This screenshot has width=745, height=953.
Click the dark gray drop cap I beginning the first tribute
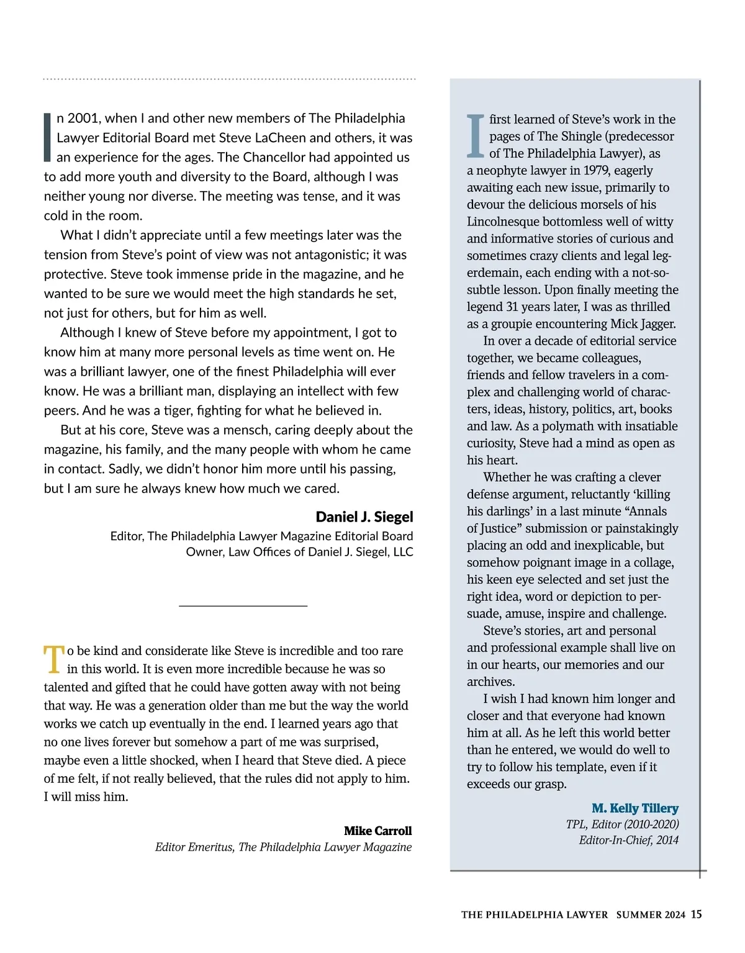click(47, 137)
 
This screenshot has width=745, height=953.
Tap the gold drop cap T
click(54, 659)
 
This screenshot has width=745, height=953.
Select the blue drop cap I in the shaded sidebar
click(476, 136)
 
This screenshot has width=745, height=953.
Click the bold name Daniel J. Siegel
click(364, 517)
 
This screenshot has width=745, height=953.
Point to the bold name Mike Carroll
click(377, 831)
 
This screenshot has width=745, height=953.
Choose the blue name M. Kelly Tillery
click(634, 808)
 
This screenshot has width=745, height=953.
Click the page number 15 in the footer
click(696, 914)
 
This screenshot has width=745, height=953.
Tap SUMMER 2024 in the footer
click(651, 915)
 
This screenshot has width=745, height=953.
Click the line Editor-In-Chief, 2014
click(628, 840)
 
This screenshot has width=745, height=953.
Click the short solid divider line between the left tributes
click(243, 605)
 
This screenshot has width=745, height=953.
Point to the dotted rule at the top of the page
click(229, 79)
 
